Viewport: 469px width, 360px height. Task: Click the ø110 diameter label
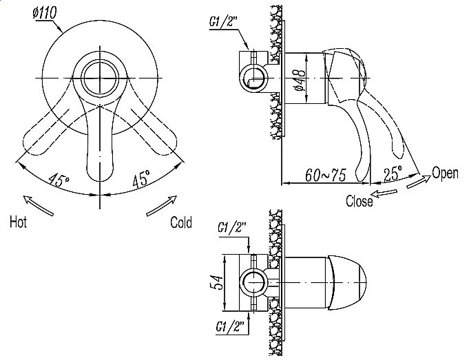point(45,14)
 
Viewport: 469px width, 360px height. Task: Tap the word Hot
point(18,222)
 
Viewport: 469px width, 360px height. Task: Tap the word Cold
point(181,222)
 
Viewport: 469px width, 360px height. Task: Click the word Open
point(445,173)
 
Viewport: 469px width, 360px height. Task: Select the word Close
point(359,201)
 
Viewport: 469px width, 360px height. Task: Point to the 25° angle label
point(393,173)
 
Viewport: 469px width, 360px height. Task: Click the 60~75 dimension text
point(326,175)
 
